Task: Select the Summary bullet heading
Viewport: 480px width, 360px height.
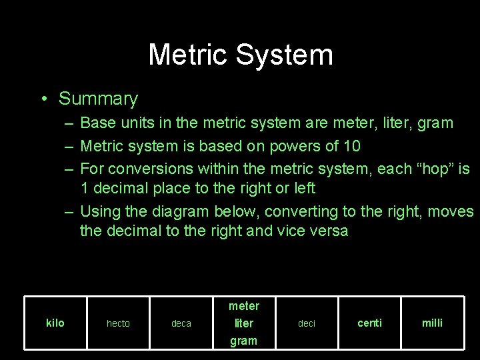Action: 98,99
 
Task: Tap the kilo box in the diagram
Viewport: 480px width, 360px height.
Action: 55,323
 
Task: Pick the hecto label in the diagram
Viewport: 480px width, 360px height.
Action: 118,324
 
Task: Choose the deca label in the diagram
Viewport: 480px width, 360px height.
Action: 181,324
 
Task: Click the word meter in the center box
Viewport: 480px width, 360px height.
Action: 243,306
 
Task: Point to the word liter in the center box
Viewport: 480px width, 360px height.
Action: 244,323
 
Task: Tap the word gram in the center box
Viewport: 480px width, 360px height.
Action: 243,341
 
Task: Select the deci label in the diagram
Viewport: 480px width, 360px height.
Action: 307,324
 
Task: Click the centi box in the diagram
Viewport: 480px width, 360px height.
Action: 369,323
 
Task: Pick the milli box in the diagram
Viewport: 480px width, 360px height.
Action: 432,323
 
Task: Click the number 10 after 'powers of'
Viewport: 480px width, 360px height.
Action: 351,146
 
